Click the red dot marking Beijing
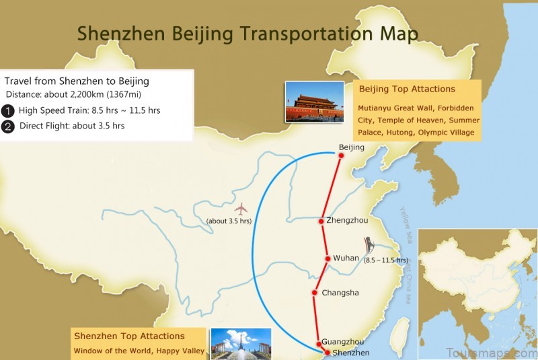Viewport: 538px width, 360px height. (x=341, y=155)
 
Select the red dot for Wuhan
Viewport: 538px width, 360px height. (x=328, y=258)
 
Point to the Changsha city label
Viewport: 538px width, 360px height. (x=340, y=293)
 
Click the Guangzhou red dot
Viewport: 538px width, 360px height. (x=319, y=344)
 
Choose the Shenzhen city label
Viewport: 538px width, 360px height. (x=347, y=352)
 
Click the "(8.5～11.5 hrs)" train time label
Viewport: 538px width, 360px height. (x=386, y=260)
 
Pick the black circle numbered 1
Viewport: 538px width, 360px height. (x=8, y=110)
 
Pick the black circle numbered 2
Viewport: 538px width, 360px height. (x=8, y=125)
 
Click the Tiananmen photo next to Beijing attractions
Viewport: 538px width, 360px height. (x=314, y=102)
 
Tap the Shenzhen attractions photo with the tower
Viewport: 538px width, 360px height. (x=241, y=343)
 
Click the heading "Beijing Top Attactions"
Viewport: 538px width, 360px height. (x=407, y=89)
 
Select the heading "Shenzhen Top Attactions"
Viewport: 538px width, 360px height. (x=129, y=336)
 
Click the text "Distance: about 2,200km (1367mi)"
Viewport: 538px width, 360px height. (x=78, y=94)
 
